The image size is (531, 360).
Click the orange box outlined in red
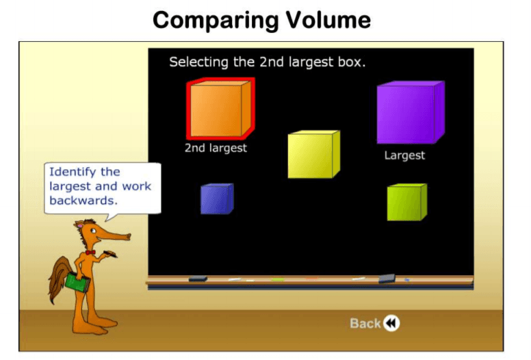(x=220, y=109)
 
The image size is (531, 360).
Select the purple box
(x=411, y=112)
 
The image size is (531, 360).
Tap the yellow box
(x=313, y=155)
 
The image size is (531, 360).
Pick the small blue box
(x=217, y=198)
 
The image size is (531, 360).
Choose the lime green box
(x=407, y=202)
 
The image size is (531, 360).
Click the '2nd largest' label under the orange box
(x=216, y=148)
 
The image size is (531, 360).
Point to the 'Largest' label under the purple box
(x=404, y=155)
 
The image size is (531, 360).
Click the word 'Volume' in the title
(x=328, y=20)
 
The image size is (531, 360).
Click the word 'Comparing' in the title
(x=215, y=21)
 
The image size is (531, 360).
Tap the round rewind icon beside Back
(x=391, y=323)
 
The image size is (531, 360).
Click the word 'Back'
(x=365, y=324)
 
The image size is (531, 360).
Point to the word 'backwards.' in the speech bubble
(x=83, y=201)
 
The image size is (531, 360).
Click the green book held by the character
(x=77, y=283)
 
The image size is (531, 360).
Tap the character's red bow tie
(x=90, y=253)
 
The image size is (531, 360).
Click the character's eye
(x=93, y=231)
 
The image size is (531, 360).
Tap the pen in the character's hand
(x=110, y=254)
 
